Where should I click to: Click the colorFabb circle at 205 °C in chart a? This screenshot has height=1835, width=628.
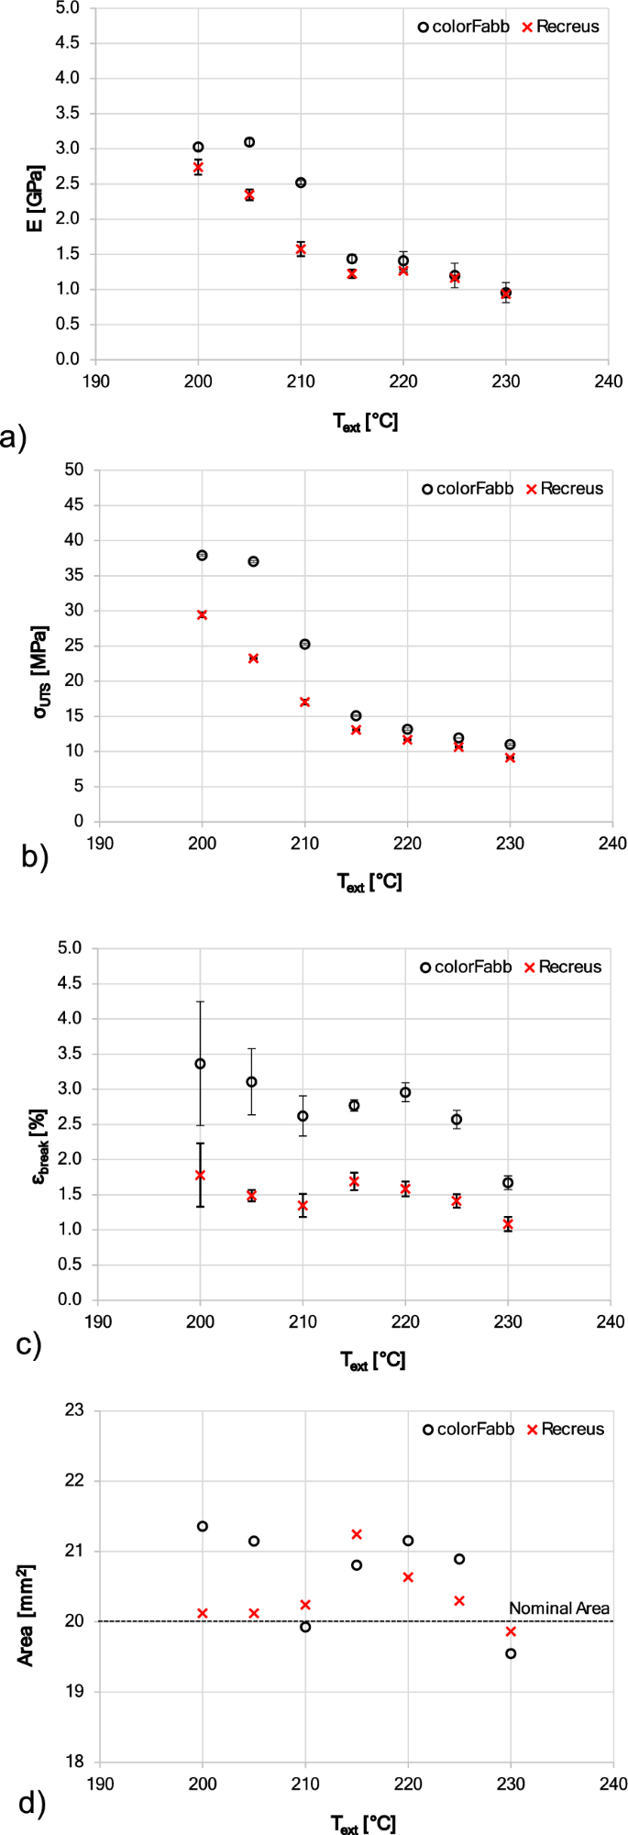coord(249,142)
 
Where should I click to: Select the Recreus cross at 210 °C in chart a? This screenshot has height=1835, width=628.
coord(301,249)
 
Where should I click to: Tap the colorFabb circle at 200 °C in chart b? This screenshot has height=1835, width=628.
coord(202,555)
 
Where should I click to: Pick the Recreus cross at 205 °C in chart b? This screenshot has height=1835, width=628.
coord(253,658)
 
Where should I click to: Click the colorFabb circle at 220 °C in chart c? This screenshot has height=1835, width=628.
coord(405,1092)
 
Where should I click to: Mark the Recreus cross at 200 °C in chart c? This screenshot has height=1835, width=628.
coord(200,1175)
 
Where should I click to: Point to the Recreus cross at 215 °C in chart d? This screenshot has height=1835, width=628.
coord(357,1534)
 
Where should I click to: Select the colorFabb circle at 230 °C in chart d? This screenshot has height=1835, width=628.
coord(511,1653)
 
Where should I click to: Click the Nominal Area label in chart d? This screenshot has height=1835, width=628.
coord(558,1608)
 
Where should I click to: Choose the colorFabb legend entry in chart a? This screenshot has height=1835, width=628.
coord(464,27)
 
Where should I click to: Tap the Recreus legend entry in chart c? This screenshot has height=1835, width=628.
coord(562,967)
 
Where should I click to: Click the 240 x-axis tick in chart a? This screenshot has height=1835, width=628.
coord(609,381)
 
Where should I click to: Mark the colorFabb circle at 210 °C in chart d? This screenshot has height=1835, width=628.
coord(305,1627)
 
